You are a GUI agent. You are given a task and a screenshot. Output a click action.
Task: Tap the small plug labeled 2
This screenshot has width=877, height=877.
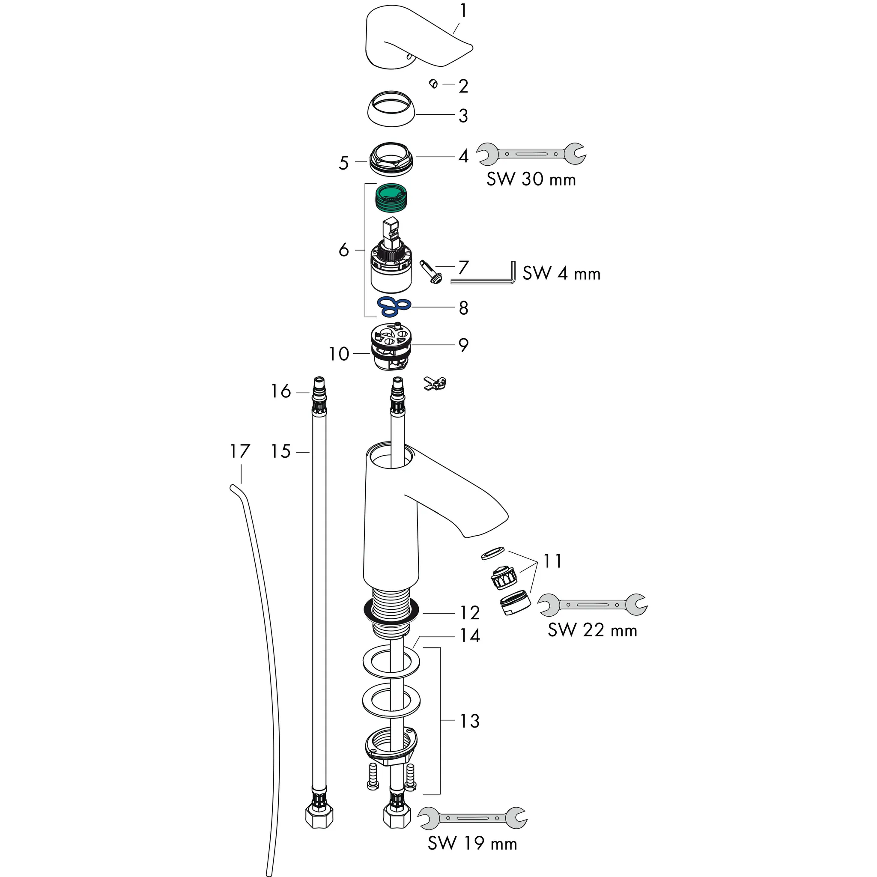pos(433,84)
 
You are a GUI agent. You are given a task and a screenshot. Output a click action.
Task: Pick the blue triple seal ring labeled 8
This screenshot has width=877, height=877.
pos(394,307)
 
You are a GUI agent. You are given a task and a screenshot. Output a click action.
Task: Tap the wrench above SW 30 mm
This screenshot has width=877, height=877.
pos(531,154)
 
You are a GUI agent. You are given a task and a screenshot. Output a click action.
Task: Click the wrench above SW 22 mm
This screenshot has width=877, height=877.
pos(592,605)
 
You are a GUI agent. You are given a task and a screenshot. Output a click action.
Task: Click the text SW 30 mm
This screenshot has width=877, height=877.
pos(531,180)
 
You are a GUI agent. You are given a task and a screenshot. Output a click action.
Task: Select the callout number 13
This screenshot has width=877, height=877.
pos(469,721)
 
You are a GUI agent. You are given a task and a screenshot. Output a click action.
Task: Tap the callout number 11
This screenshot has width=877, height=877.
pos(552,561)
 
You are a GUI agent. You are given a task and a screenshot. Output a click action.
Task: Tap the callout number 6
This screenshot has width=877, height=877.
pos(343,250)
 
